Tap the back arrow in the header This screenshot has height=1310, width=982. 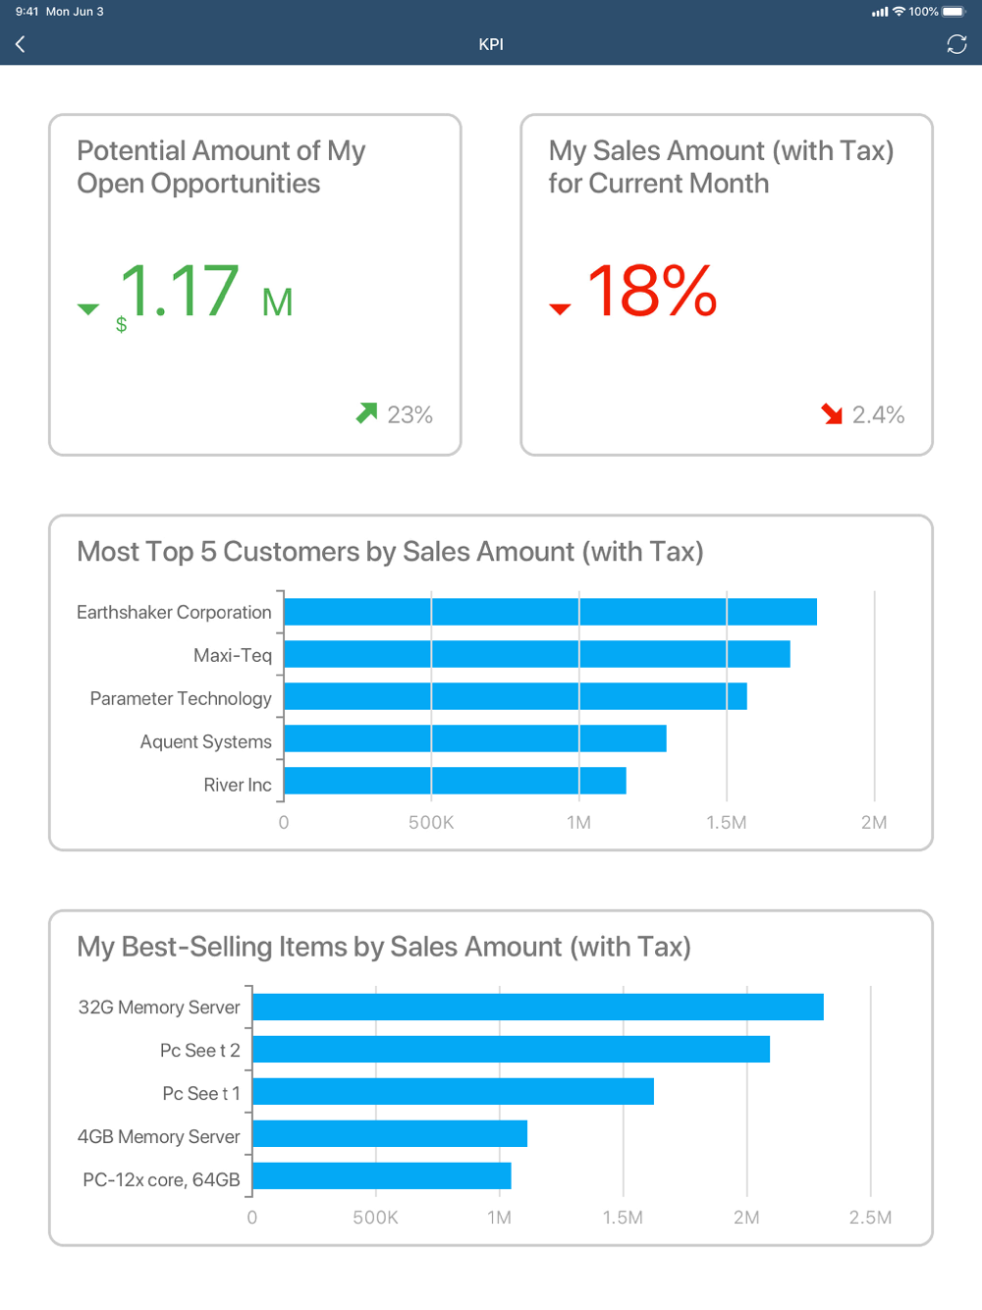coord(21,44)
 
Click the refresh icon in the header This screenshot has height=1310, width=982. coord(956,44)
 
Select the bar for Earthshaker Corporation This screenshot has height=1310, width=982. coord(550,612)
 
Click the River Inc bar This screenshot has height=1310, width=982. coord(455,781)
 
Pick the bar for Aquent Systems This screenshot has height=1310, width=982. coord(474,738)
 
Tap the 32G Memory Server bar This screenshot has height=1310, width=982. coord(537,1007)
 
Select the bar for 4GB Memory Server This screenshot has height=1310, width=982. coord(390,1133)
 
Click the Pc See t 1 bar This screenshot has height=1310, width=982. coord(453,1091)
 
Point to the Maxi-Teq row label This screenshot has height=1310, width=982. coord(233,655)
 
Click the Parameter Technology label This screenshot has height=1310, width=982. coord(181,698)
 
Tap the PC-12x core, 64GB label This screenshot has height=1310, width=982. coord(161,1179)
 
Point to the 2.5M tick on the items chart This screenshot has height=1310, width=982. coord(870,1218)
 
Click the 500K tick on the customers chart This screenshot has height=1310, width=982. coord(431,823)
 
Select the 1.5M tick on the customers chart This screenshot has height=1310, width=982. coord(727,823)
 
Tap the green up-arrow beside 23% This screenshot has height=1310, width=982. coord(367,413)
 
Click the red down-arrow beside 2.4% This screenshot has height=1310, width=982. coord(833,414)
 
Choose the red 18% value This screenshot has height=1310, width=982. coord(652,292)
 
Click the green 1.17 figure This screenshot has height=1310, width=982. coord(179,292)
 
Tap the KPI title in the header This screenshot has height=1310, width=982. coord(491,44)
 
